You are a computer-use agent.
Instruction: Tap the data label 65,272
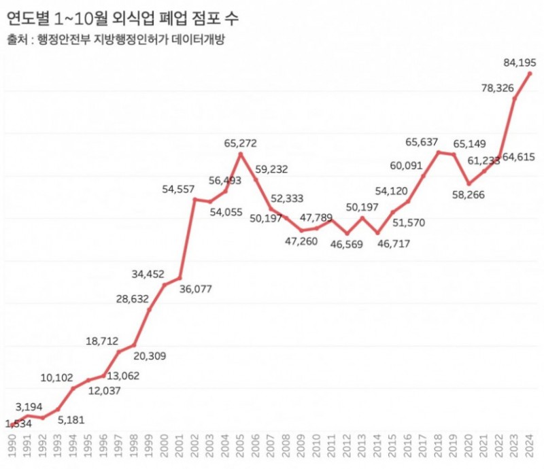[241, 143]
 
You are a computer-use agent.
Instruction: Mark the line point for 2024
[530, 73]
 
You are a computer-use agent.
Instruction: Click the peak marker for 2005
[241, 155]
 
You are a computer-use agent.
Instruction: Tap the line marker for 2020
[469, 184]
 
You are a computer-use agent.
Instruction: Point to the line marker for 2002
[194, 199]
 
